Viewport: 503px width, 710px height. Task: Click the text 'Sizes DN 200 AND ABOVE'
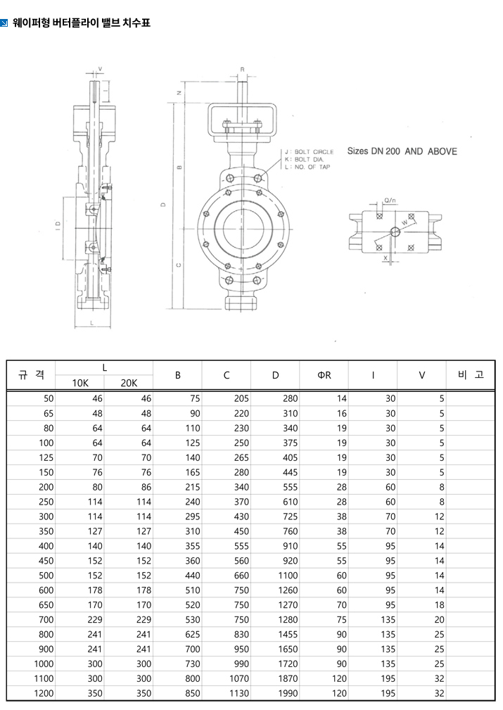[402, 151]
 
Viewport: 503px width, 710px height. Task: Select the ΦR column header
[324, 375]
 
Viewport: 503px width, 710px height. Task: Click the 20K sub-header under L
[129, 383]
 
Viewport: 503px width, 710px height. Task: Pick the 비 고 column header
[471, 374]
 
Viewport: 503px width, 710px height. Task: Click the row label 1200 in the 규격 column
[44, 693]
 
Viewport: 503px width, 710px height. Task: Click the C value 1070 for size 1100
[238, 678]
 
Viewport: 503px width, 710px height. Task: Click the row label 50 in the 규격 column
[48, 398]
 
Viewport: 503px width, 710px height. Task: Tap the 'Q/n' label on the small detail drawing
[390, 201]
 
